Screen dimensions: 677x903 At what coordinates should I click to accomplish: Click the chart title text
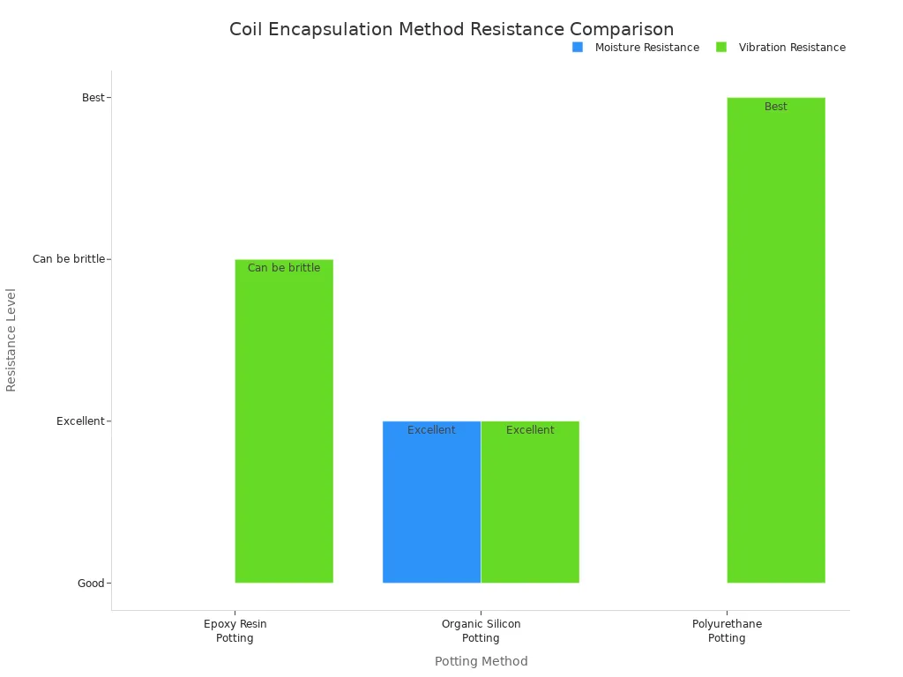click(x=451, y=29)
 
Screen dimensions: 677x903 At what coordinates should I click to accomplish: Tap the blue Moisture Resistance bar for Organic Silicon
click(x=431, y=502)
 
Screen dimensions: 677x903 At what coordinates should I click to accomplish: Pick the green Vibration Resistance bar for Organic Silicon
click(x=530, y=502)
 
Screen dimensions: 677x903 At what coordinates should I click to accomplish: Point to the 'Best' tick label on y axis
click(x=93, y=98)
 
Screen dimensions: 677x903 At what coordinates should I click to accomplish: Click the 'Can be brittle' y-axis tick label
click(x=68, y=259)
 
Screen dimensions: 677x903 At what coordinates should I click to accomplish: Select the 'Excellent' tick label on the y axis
click(x=80, y=421)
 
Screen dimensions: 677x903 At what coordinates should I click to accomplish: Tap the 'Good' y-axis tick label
click(x=91, y=583)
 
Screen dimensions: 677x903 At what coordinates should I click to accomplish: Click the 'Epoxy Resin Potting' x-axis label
click(x=235, y=631)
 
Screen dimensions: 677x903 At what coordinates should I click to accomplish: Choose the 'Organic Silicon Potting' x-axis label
click(x=481, y=631)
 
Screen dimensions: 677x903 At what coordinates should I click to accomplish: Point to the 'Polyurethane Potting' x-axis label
click(x=727, y=631)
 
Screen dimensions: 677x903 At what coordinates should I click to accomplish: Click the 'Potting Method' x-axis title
click(x=481, y=661)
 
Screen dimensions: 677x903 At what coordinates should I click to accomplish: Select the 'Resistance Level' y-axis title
click(x=11, y=340)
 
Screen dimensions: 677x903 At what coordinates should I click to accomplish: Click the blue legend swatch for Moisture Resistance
click(x=578, y=48)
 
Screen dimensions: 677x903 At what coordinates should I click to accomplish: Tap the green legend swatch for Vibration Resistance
click(x=721, y=48)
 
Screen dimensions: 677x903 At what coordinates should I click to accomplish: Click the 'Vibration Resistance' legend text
click(x=792, y=48)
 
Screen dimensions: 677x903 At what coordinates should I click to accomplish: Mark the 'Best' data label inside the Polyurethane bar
click(x=776, y=107)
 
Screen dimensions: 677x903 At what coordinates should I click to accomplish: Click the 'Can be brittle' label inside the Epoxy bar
click(x=284, y=268)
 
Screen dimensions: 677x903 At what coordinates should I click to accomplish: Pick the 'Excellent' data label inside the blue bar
click(x=431, y=430)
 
